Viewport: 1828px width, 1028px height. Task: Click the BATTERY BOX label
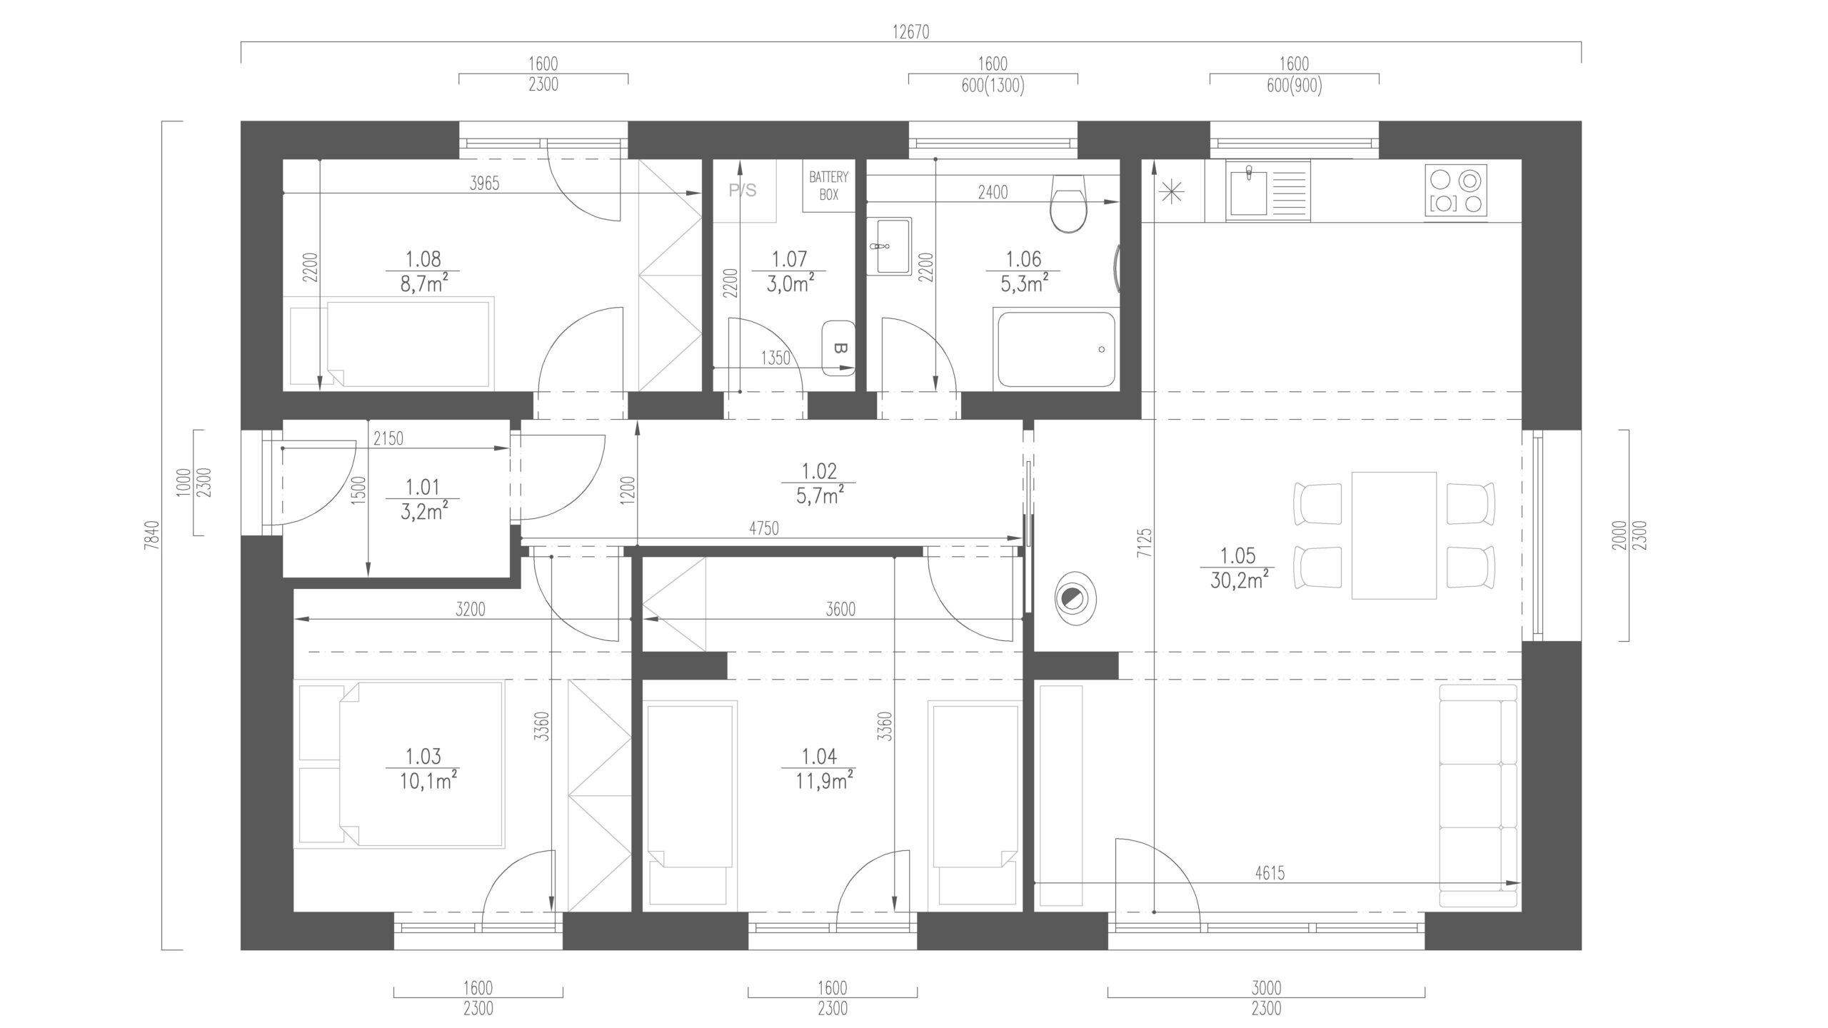(828, 186)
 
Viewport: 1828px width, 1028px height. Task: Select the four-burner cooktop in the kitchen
(1457, 191)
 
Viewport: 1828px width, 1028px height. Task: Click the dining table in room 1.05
(1394, 535)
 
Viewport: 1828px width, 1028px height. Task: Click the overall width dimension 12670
(911, 32)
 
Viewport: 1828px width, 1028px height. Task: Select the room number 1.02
(819, 471)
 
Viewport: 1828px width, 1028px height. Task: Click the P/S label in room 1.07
(742, 191)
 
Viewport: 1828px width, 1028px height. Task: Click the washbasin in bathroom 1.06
(889, 246)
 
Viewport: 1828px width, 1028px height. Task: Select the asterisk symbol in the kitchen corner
(1172, 192)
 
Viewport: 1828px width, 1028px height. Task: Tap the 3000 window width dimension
(1266, 988)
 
